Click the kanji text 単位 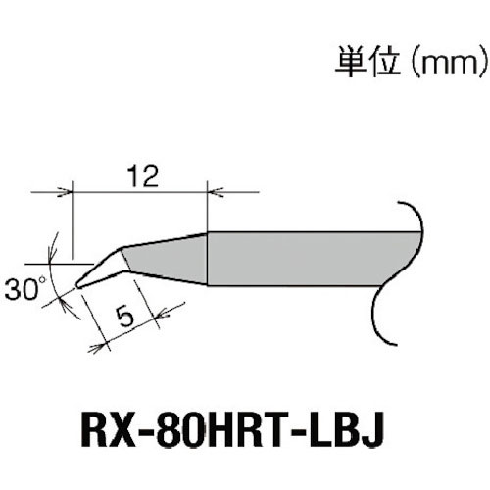[x=352, y=66]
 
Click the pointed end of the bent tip [x=77, y=285]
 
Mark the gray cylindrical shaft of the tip [x=314, y=258]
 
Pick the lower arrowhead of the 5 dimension [x=101, y=342]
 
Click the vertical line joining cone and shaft [x=207, y=258]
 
